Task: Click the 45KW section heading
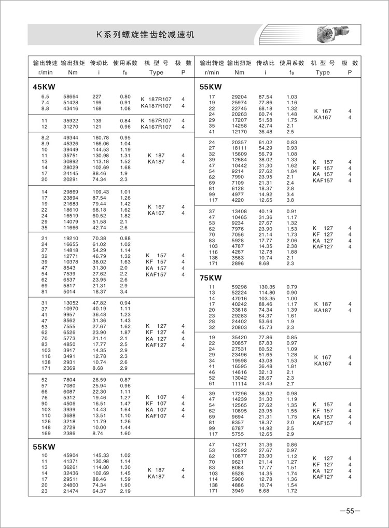pyautogui.click(x=45, y=87)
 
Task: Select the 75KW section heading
pyautogui.click(x=211, y=277)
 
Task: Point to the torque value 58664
pyautogui.click(x=71, y=96)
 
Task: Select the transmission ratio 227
pyautogui.click(x=97, y=96)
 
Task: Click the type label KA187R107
pyautogui.click(x=156, y=106)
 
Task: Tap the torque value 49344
pyautogui.click(x=71, y=137)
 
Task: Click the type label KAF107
pyautogui.click(x=156, y=415)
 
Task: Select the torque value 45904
pyautogui.click(x=71, y=455)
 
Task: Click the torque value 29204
pyautogui.click(x=239, y=97)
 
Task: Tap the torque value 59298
pyautogui.click(x=239, y=287)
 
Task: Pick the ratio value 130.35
pyautogui.click(x=266, y=287)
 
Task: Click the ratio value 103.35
pyautogui.click(x=266, y=298)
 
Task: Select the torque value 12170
pyautogui.click(x=239, y=131)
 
